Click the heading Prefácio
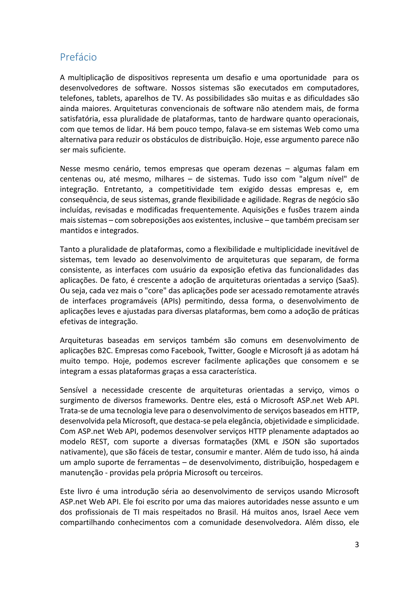(78, 57)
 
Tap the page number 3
(357, 544)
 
